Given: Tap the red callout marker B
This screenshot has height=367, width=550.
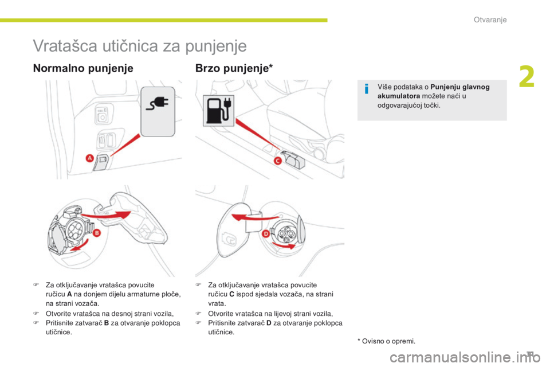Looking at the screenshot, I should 97,233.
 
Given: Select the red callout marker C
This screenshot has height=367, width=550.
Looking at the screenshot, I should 277,161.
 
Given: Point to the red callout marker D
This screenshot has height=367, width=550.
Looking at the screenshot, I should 266,235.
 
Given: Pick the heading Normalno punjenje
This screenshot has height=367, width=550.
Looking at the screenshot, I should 84,68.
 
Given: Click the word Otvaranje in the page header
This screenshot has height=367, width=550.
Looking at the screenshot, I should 490,20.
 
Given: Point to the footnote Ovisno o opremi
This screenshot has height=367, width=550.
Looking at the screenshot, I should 387,342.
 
